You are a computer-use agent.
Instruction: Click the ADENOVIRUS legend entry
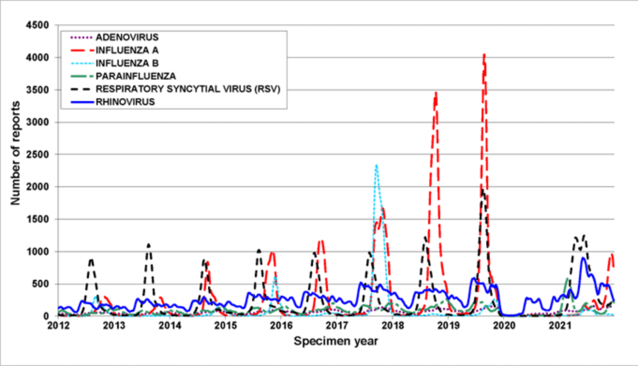[x=127, y=37]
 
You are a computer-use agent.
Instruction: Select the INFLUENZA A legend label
[x=127, y=50]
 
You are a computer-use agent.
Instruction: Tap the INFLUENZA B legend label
[x=127, y=63]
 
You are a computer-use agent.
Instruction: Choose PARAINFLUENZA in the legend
[x=136, y=76]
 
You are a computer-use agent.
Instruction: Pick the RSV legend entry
[x=188, y=89]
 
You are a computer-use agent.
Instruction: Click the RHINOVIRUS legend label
[x=125, y=102]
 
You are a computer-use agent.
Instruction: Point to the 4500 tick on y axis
[x=37, y=25]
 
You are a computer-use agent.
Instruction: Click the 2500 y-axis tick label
[x=37, y=154]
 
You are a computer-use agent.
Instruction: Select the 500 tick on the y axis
[x=40, y=284]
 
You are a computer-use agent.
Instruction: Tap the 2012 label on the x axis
[x=58, y=326]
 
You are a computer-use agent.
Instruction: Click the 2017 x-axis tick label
[x=337, y=326]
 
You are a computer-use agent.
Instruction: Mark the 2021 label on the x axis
[x=560, y=326]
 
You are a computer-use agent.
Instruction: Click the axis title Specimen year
[x=336, y=341]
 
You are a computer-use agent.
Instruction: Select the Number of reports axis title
[x=15, y=153]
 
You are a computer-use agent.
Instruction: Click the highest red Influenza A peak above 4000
[x=484, y=55]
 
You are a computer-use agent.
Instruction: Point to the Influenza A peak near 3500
[x=436, y=93]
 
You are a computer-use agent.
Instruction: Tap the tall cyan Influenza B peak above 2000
[x=376, y=166]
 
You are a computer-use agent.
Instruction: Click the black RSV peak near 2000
[x=483, y=191]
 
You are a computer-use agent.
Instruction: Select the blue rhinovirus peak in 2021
[x=583, y=258]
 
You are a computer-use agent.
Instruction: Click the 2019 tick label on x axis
[x=448, y=326]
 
